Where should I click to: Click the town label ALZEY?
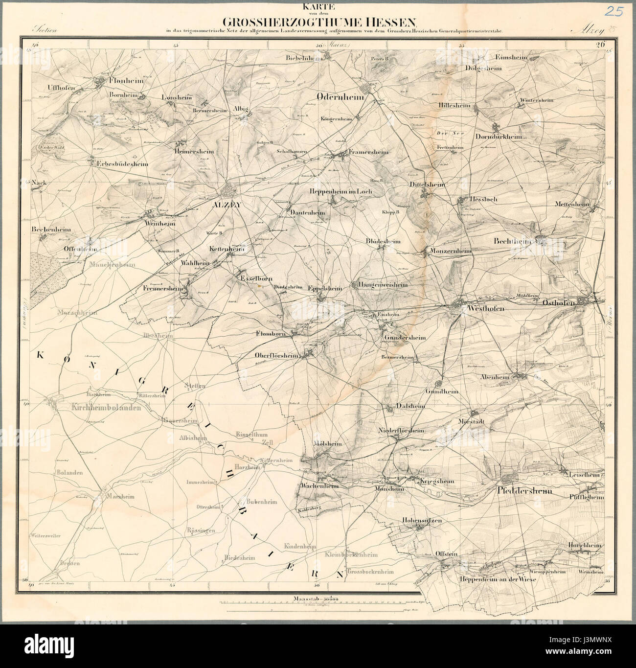pos(226,207)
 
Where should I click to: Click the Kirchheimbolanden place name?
pos(106,407)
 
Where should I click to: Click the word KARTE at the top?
pos(318,7)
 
